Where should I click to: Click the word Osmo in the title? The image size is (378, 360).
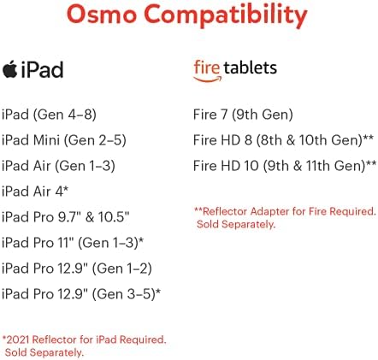(101, 15)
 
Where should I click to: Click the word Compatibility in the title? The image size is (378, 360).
(226, 16)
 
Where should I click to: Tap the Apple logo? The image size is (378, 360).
(10, 69)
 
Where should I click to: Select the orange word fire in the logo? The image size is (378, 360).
(207, 68)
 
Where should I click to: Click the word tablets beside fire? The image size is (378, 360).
(251, 68)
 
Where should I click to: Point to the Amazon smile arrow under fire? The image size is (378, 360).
(207, 79)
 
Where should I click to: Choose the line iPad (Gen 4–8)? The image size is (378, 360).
(49, 115)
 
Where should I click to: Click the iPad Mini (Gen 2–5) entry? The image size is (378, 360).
(64, 140)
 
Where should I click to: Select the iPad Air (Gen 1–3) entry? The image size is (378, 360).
(58, 166)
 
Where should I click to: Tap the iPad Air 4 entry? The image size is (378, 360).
(35, 191)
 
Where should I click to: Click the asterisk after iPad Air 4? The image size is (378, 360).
(66, 188)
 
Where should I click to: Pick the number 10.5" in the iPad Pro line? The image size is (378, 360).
(114, 216)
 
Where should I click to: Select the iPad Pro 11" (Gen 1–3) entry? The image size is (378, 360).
(73, 243)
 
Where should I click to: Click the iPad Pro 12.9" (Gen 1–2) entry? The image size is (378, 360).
(77, 269)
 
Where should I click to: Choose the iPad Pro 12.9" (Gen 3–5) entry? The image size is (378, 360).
(81, 294)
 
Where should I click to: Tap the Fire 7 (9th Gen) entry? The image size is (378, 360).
(243, 115)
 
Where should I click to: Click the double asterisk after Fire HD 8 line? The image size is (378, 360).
(368, 138)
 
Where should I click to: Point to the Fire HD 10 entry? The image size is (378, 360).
(285, 166)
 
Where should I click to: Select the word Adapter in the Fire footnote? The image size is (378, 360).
(270, 211)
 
